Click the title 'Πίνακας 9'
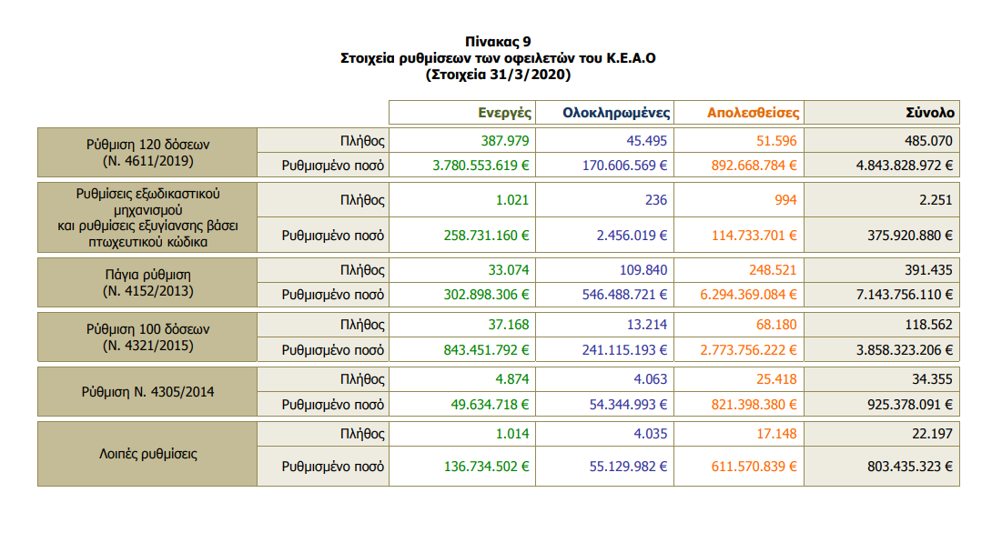(x=497, y=42)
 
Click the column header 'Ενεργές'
(x=505, y=113)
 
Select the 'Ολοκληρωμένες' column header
(x=616, y=113)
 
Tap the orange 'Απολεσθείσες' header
(x=753, y=113)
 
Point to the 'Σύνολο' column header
(x=929, y=113)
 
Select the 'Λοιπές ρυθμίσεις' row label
(x=147, y=452)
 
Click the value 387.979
(x=505, y=141)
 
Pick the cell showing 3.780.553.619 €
(x=481, y=166)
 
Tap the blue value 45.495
(x=647, y=141)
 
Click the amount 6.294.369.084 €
(x=748, y=295)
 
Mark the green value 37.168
(x=509, y=325)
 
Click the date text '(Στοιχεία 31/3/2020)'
(x=497, y=75)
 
